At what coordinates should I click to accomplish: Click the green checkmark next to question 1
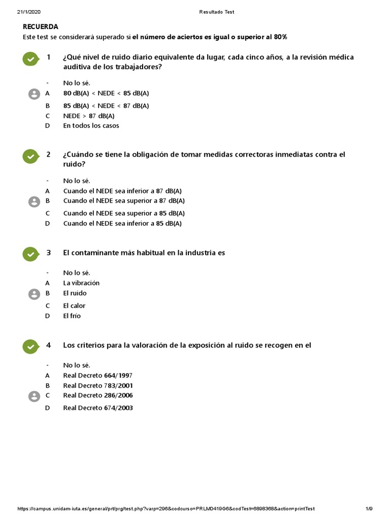coord(31,59)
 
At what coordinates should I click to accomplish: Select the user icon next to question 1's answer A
coord(34,94)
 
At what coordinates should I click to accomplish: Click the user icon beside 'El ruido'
coord(34,294)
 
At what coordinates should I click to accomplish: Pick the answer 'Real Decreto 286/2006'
coord(98,395)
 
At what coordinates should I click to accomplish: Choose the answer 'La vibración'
coord(81,283)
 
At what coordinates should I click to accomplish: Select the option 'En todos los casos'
coord(91,126)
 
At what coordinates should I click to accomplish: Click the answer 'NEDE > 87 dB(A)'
coord(88,116)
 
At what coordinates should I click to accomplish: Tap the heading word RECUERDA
coord(41,26)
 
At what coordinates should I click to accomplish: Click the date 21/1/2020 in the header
coord(28,12)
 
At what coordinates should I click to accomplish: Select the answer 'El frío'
coord(72,316)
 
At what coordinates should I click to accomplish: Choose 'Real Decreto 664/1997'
coord(98,375)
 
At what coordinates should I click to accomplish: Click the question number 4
coord(49,345)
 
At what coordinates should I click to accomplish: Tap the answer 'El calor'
coord(74,306)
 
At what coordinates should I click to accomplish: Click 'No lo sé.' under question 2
coord(77,181)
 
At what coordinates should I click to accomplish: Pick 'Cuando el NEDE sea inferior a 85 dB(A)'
coord(122,223)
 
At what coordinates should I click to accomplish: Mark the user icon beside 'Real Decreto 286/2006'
coord(34,396)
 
